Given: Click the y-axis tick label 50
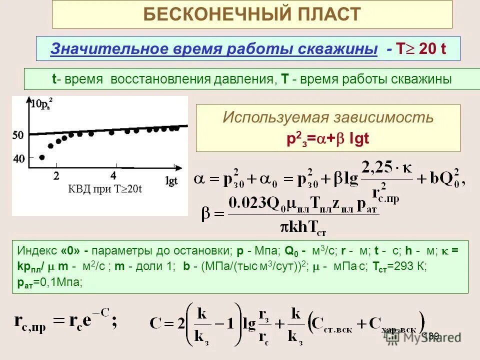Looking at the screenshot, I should click(x=18, y=135).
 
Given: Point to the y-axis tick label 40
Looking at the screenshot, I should click(x=18, y=159).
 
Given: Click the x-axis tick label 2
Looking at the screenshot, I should click(x=56, y=175).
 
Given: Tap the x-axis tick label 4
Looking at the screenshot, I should click(x=113, y=175).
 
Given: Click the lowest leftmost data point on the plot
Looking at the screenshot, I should click(x=41, y=157).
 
